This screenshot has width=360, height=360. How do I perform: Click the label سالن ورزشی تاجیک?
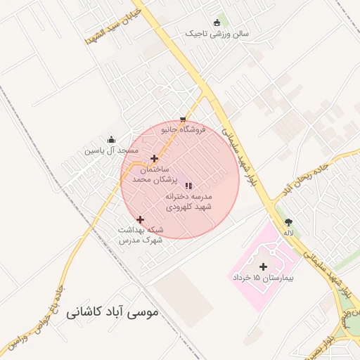[212, 33]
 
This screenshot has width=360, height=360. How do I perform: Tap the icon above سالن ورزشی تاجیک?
[217, 22]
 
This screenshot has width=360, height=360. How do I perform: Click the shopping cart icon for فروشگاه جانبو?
[183, 119]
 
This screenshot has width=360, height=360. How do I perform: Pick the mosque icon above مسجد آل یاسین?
[111, 139]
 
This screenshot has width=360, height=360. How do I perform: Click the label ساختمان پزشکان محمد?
[146, 175]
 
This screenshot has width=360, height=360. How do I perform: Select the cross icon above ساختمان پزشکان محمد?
[155, 158]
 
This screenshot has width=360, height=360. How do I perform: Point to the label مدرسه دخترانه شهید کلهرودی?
[188, 202]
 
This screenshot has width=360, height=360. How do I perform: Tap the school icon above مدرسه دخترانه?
[188, 186]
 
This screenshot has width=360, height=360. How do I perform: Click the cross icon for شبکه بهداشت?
[141, 219]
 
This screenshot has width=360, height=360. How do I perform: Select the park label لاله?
[288, 232]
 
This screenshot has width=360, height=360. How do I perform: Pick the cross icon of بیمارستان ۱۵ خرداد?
[264, 266]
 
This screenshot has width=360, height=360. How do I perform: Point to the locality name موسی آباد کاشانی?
[112, 311]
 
